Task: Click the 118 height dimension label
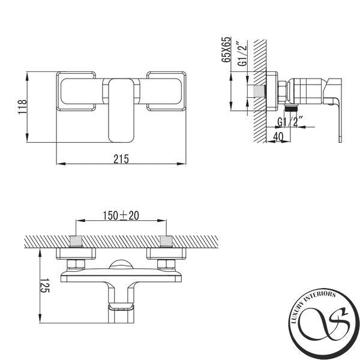click(x=23, y=107)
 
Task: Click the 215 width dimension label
click(x=121, y=159)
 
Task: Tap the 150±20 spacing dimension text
click(x=121, y=215)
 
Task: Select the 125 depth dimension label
click(x=44, y=286)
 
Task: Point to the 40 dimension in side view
click(x=278, y=137)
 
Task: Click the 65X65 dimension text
click(x=226, y=49)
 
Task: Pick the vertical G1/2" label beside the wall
click(x=242, y=54)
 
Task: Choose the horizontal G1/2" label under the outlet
click(x=290, y=122)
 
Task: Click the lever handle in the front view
click(x=121, y=110)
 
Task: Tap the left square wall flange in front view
click(x=76, y=91)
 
